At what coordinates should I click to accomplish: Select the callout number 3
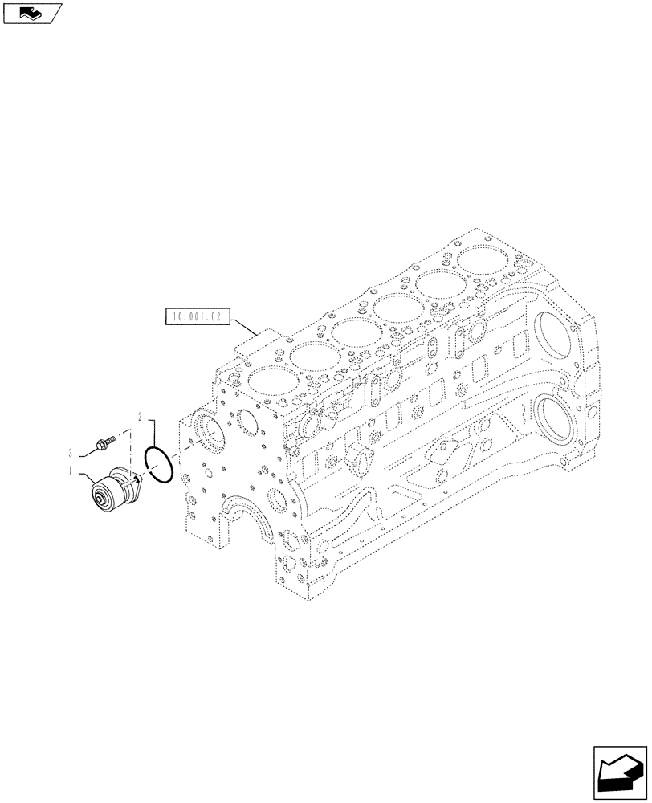coord(71,452)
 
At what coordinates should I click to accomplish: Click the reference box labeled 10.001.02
coord(197,317)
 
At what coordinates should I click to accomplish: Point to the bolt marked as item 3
coord(104,440)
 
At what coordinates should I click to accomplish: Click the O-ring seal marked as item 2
coord(158,465)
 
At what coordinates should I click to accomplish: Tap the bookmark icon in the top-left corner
coord(31,12)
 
